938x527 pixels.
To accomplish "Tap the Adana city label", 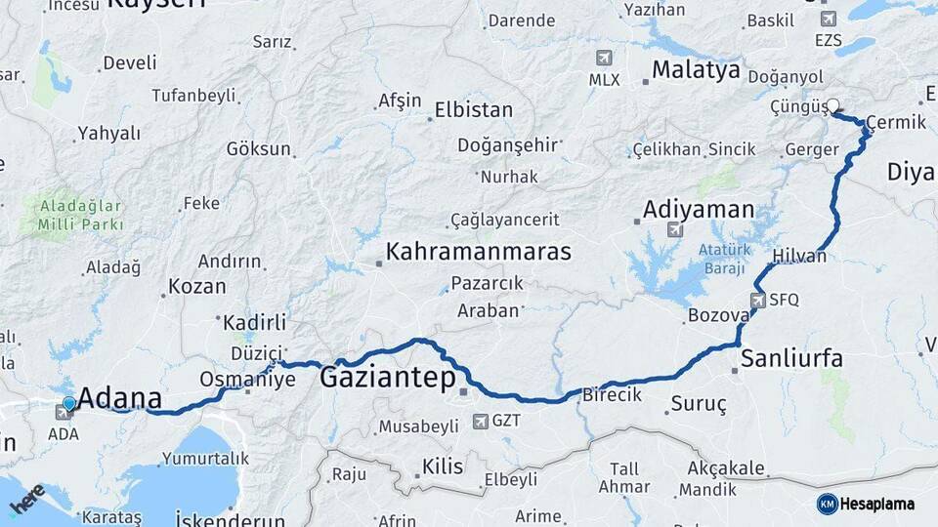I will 119,398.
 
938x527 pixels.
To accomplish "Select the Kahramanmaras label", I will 478,252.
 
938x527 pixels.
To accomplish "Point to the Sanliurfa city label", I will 791,357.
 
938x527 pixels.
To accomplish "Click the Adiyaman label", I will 699,209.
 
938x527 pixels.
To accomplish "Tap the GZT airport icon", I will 480,422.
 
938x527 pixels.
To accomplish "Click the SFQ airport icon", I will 759,300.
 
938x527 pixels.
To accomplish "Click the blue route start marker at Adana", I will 69,402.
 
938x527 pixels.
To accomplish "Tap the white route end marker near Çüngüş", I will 833,105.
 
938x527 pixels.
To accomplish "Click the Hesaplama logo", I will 866,504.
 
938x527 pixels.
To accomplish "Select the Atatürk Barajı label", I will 723,258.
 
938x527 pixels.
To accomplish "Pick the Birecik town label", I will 612,395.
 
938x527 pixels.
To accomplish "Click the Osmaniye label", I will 246,379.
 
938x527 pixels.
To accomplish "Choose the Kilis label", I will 442,467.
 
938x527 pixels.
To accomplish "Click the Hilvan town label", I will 798,257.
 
